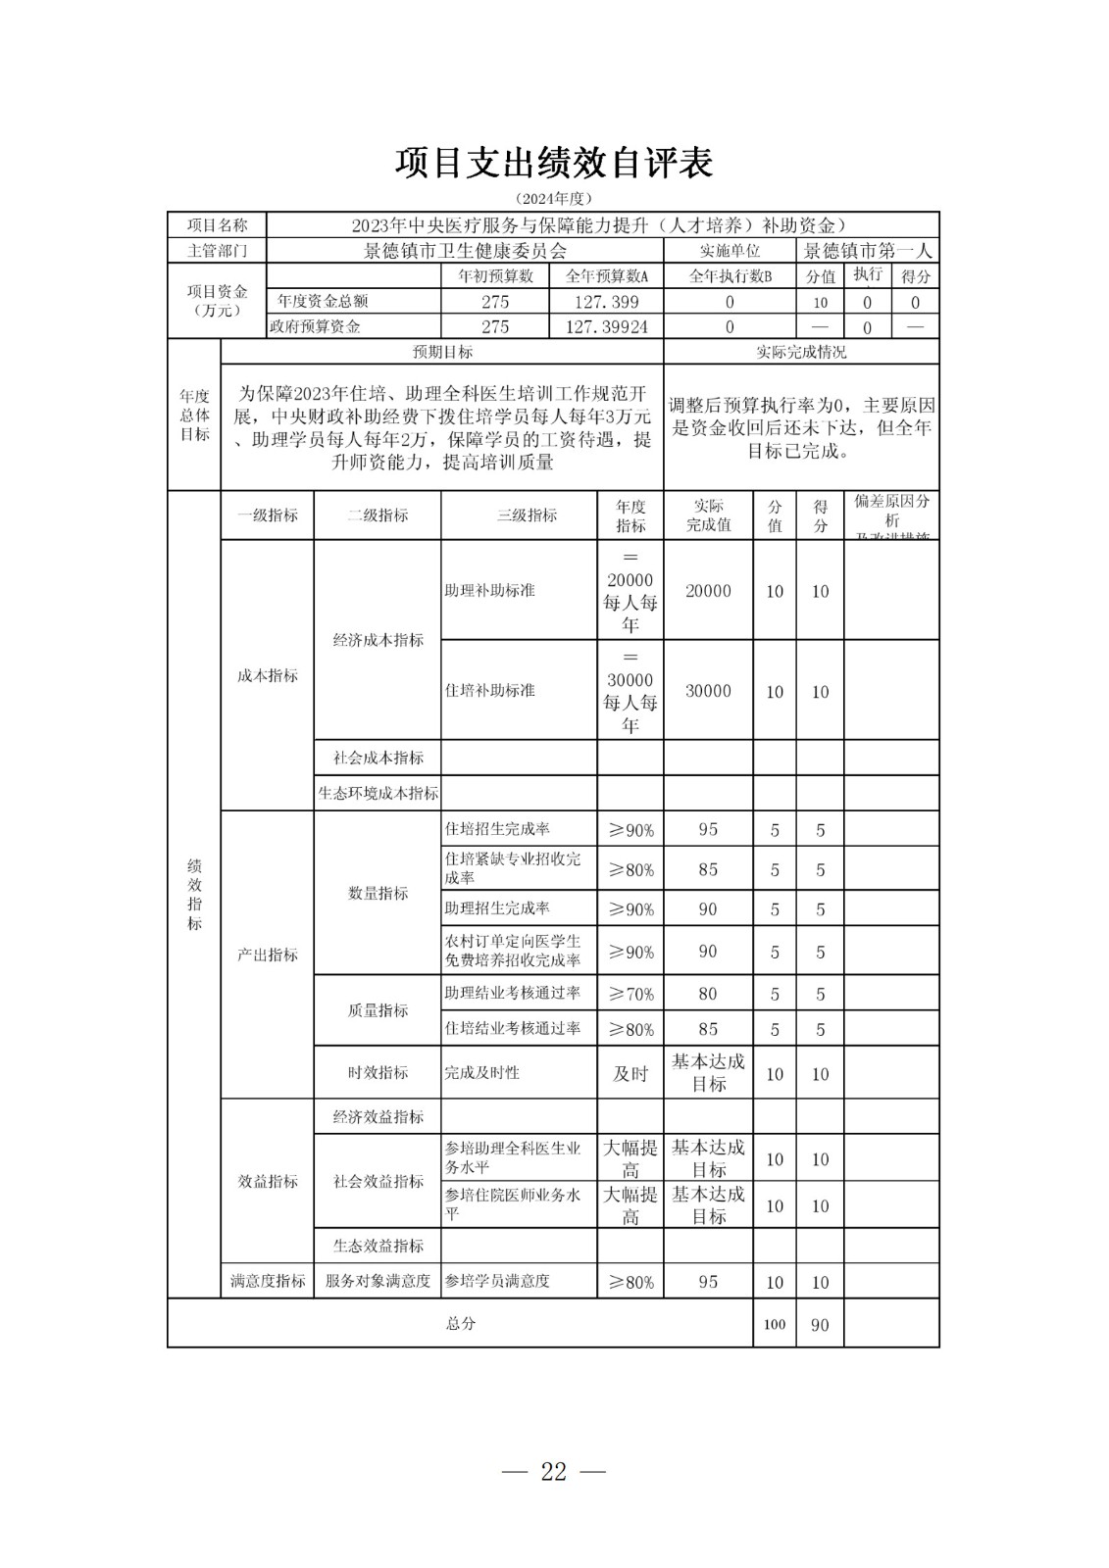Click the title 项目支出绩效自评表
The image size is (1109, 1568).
(x=554, y=164)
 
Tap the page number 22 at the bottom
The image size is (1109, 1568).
(x=554, y=1471)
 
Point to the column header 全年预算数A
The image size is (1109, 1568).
(x=607, y=276)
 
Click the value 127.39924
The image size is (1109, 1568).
(x=607, y=327)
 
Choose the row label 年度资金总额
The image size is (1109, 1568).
(x=323, y=302)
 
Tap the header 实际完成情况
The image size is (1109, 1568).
(x=801, y=352)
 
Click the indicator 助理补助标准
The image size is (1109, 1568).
(x=490, y=591)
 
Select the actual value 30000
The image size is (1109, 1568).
(x=708, y=691)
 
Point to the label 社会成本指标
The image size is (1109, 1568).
(x=378, y=758)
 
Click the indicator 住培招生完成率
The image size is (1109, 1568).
(x=497, y=829)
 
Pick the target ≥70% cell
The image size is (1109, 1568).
(x=630, y=994)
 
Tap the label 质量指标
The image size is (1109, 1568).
(x=378, y=1010)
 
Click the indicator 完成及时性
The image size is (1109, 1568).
(x=481, y=1073)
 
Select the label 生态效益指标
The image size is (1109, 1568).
(x=378, y=1246)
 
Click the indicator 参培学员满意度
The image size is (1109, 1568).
(x=497, y=1281)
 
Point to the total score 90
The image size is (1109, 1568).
(x=820, y=1325)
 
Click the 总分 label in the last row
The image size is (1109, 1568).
(x=461, y=1324)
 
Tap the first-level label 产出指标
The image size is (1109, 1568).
(x=268, y=955)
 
